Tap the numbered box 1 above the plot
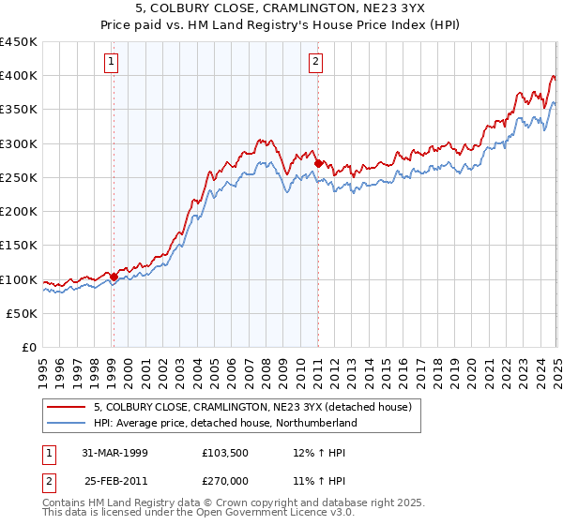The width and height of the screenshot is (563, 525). pyautogui.click(x=112, y=63)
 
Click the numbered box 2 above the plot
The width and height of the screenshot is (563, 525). pyautogui.click(x=316, y=63)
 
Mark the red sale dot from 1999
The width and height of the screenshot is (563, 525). pyautogui.click(x=114, y=277)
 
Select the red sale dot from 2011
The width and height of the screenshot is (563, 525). pyautogui.click(x=318, y=164)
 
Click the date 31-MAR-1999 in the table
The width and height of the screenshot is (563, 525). pyautogui.click(x=115, y=452)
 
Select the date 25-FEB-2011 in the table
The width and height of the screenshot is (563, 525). pyautogui.click(x=115, y=481)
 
